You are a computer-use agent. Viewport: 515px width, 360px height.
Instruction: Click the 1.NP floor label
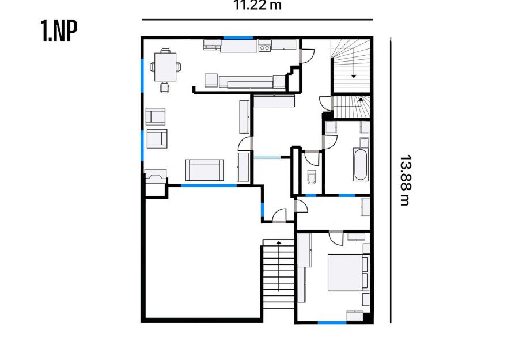click(x=59, y=31)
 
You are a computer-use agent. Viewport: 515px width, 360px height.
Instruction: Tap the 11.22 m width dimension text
click(x=257, y=5)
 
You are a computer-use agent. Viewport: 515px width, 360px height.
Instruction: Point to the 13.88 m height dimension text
click(x=404, y=180)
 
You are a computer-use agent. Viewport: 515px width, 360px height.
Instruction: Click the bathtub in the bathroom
click(x=361, y=165)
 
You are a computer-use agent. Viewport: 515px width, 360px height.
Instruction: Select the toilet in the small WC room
click(x=311, y=177)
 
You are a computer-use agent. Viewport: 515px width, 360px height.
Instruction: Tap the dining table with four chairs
click(x=165, y=67)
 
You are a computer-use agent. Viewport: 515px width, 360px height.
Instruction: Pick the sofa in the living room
click(x=205, y=170)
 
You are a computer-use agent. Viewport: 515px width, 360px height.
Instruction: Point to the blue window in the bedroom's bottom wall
click(x=332, y=323)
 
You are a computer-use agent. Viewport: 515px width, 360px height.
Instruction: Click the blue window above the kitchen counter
click(x=238, y=38)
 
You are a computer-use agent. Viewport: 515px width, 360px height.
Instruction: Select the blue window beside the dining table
click(x=142, y=75)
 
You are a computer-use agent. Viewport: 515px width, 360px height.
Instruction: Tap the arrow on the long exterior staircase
click(x=279, y=266)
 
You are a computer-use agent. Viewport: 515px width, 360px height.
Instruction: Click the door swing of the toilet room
click(x=312, y=158)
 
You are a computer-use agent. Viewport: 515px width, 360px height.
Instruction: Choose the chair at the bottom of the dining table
click(x=165, y=88)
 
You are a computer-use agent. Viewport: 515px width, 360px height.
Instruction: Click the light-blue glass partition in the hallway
click(x=267, y=157)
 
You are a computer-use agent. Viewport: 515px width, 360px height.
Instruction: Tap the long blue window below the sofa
click(x=209, y=185)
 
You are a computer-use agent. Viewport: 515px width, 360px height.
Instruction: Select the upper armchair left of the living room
click(x=156, y=116)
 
